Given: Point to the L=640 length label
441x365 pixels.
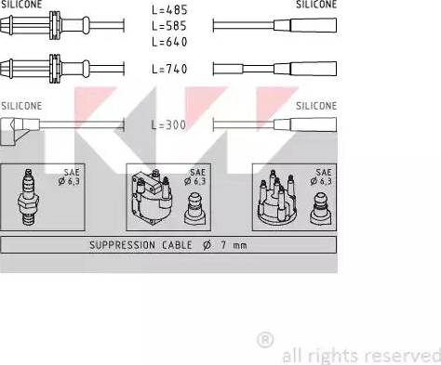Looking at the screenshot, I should (x=168, y=43).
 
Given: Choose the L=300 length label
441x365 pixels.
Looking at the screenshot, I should (x=168, y=124).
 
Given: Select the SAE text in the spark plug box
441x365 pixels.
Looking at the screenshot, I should (x=72, y=173).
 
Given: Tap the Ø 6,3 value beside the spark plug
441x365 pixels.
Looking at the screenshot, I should (x=70, y=182).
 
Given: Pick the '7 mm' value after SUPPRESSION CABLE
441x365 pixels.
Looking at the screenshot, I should (x=234, y=245).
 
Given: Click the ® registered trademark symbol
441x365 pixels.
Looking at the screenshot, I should (x=264, y=339).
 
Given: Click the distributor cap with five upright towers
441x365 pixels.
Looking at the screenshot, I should (x=280, y=202).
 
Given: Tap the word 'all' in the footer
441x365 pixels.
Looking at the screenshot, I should (x=292, y=355).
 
